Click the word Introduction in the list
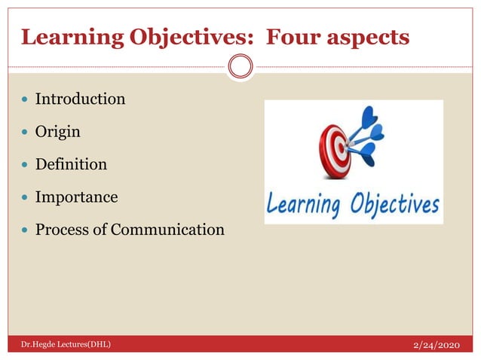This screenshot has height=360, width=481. click(x=80, y=99)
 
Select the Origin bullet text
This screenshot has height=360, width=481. click(x=58, y=131)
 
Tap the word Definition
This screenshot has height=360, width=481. click(x=71, y=164)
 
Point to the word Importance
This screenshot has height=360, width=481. click(x=76, y=197)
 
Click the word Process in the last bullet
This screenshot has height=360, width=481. click(x=62, y=229)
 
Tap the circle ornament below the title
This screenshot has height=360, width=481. click(x=240, y=67)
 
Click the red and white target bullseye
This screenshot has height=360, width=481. click(x=334, y=147)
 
